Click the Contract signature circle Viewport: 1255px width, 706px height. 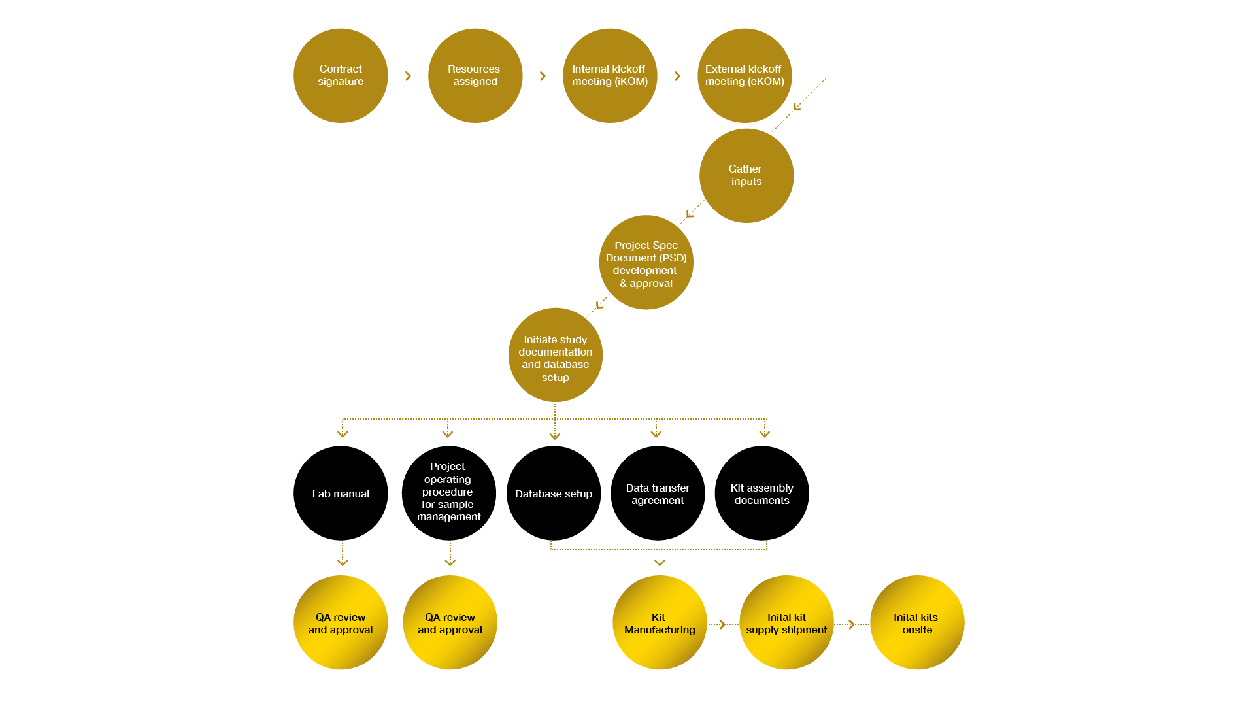[x=341, y=75]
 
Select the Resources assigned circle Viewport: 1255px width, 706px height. [x=475, y=75]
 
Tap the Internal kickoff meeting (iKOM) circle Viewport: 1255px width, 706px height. [x=610, y=75]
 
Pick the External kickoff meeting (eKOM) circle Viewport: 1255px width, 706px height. [x=745, y=75]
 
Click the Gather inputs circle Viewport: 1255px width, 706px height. [x=746, y=175]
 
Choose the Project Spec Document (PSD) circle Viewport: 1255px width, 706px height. [x=646, y=262]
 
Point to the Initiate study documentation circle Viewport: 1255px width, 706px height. [x=556, y=355]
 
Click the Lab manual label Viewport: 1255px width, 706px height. [x=341, y=494]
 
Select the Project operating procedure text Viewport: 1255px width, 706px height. [x=448, y=492]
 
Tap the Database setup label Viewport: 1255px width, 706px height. [x=554, y=494]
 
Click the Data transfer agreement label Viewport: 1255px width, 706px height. [x=658, y=494]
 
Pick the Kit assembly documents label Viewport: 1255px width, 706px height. [x=761, y=494]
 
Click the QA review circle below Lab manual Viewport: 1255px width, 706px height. [x=341, y=622]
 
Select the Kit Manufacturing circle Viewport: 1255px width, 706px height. [x=660, y=622]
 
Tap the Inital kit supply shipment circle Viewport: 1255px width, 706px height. [x=786, y=622]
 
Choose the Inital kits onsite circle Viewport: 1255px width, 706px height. [x=917, y=622]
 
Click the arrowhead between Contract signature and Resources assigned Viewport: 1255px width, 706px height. [x=409, y=76]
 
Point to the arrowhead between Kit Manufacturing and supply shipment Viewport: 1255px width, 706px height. [x=722, y=624]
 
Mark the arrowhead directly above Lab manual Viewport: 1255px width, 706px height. [x=343, y=433]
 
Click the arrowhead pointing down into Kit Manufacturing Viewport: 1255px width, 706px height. [x=660, y=562]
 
